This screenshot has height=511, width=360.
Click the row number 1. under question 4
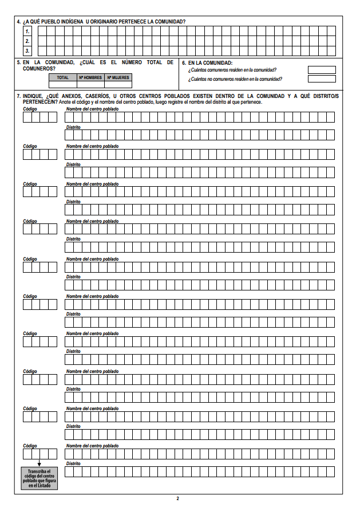tap(27, 32)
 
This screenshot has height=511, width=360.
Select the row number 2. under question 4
tap(27, 41)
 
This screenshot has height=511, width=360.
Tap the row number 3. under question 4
tap(27, 50)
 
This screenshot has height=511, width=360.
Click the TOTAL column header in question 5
tap(62, 77)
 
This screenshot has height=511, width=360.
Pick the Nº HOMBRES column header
tap(90, 77)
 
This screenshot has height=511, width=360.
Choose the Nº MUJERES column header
tap(117, 77)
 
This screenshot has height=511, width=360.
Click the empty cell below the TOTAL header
tap(62, 84)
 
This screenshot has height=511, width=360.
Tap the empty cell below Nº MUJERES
tap(117, 84)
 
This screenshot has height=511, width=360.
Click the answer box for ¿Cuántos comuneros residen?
tap(322, 70)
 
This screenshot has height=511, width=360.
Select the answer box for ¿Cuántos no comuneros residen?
tap(322, 79)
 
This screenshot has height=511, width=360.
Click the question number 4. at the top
tap(19, 21)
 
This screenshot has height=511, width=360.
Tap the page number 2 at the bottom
tap(178, 498)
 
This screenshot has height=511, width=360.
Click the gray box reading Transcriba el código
tap(40, 478)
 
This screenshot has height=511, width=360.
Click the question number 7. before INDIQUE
tap(19, 96)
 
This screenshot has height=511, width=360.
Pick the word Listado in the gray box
tap(43, 486)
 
